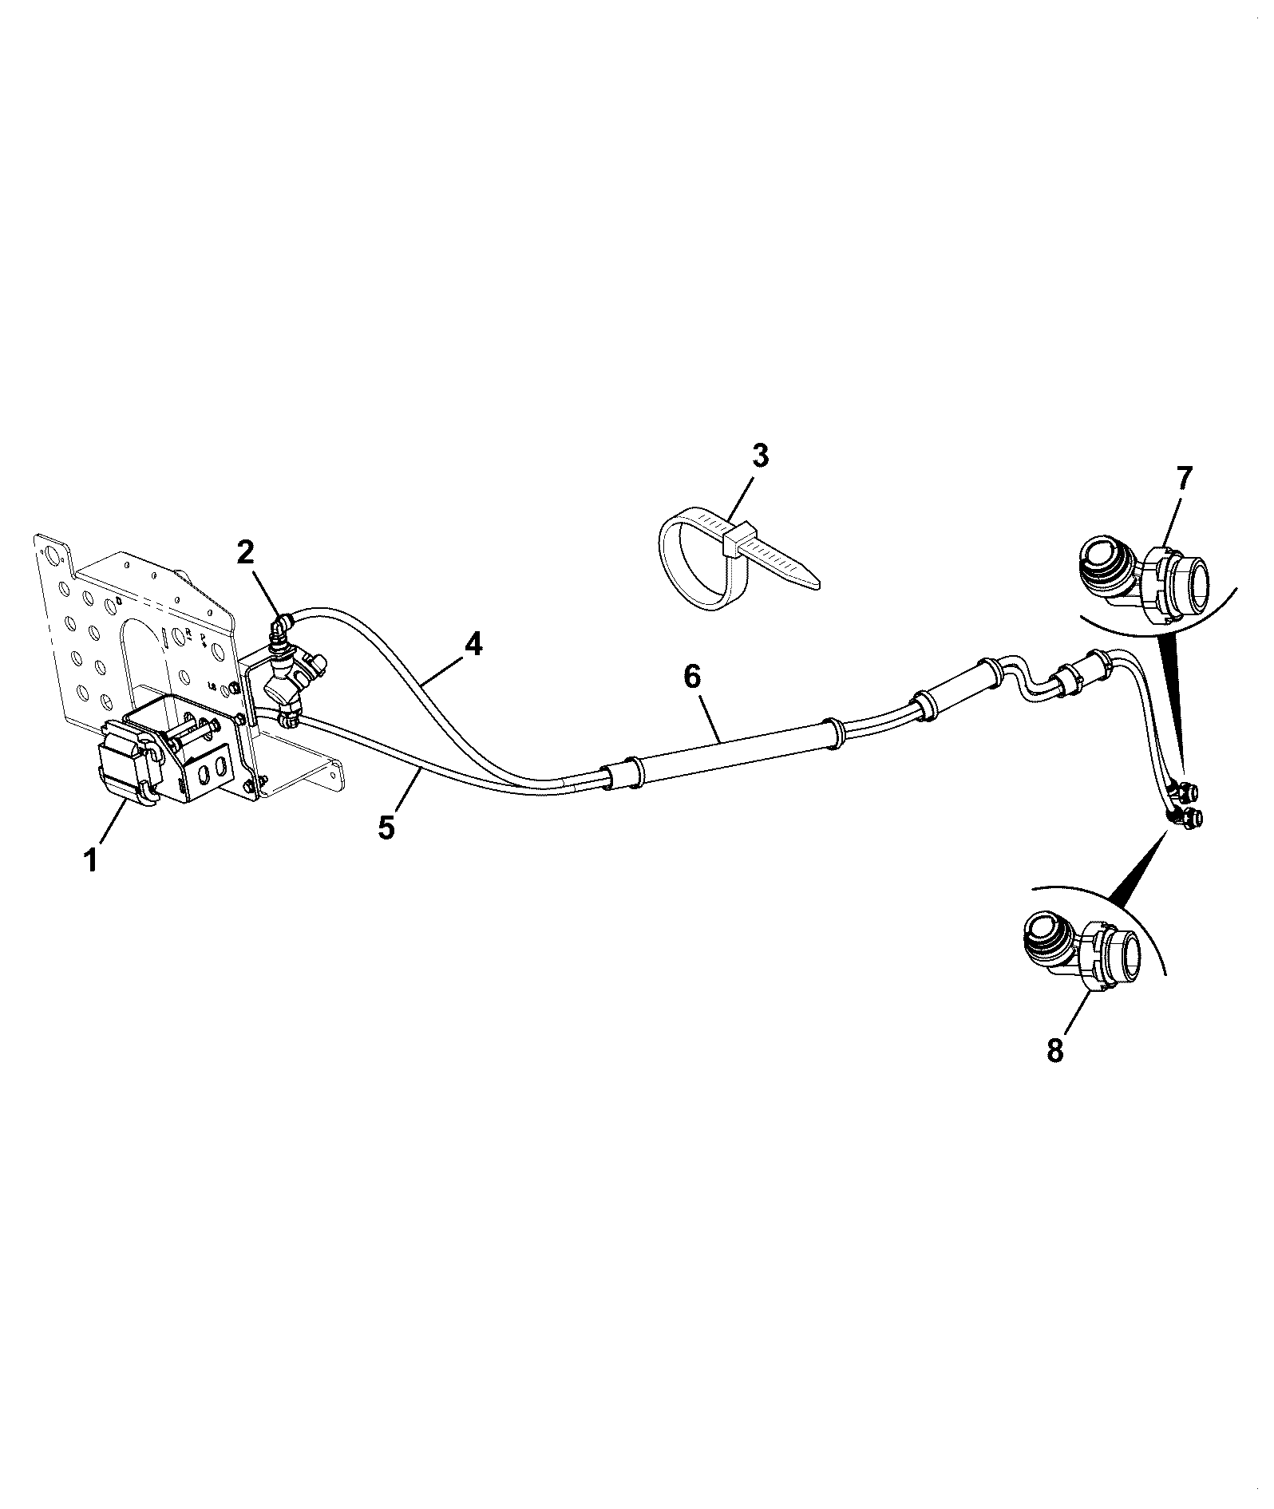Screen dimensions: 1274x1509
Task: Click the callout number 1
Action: click(x=91, y=860)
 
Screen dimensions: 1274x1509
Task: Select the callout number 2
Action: click(x=246, y=551)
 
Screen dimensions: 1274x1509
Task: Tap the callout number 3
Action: click(x=760, y=456)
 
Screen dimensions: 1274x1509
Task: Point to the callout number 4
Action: click(x=473, y=644)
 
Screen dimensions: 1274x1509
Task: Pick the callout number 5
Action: click(x=386, y=828)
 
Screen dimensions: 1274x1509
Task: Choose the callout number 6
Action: click(x=692, y=677)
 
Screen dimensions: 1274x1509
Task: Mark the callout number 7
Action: click(x=1183, y=478)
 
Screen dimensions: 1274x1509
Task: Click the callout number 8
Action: click(x=1055, y=1050)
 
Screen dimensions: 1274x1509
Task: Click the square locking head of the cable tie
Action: click(x=737, y=539)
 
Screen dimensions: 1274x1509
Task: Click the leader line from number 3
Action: click(x=744, y=499)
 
